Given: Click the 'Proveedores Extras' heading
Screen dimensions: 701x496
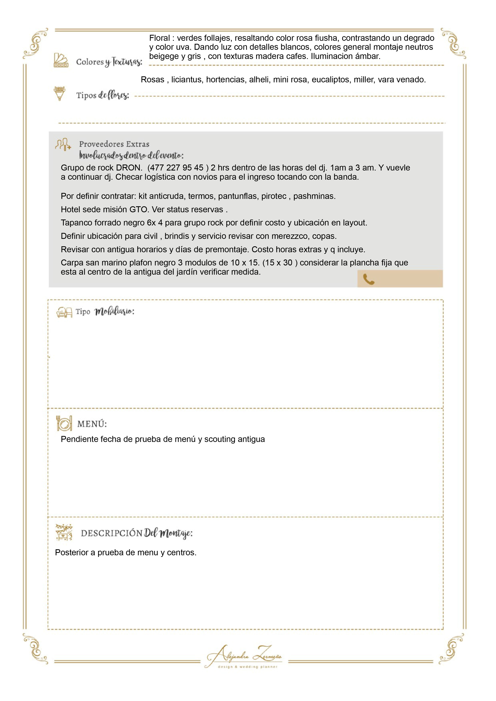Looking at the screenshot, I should coord(114,144).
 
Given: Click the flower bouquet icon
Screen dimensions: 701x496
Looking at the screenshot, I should coord(60,93).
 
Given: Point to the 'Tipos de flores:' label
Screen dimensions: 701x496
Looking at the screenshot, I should coord(103,95).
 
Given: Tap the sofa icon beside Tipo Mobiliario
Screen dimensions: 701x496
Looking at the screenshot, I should coord(64,312).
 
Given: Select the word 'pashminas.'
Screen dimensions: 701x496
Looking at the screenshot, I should coord(314,196).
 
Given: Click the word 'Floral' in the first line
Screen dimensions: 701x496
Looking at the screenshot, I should coord(159,38).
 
